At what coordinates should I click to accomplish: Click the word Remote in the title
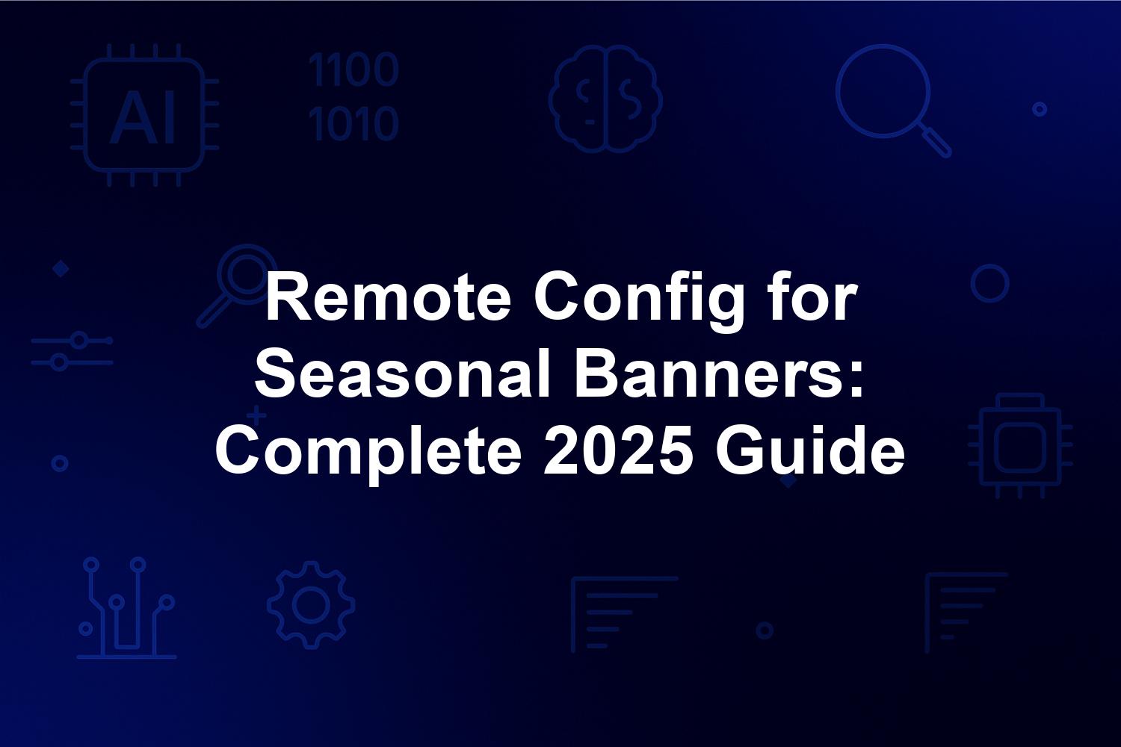tap(389, 297)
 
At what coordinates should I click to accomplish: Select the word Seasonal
tap(402, 373)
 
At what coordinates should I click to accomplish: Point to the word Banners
tap(719, 373)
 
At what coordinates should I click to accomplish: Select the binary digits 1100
tap(353, 69)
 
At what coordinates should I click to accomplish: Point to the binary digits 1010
tap(353, 123)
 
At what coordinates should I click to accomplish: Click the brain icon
tap(605, 99)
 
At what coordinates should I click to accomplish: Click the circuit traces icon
tap(126, 608)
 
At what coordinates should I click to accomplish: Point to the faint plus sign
tap(257, 415)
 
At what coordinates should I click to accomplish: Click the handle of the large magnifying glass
tap(936, 142)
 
